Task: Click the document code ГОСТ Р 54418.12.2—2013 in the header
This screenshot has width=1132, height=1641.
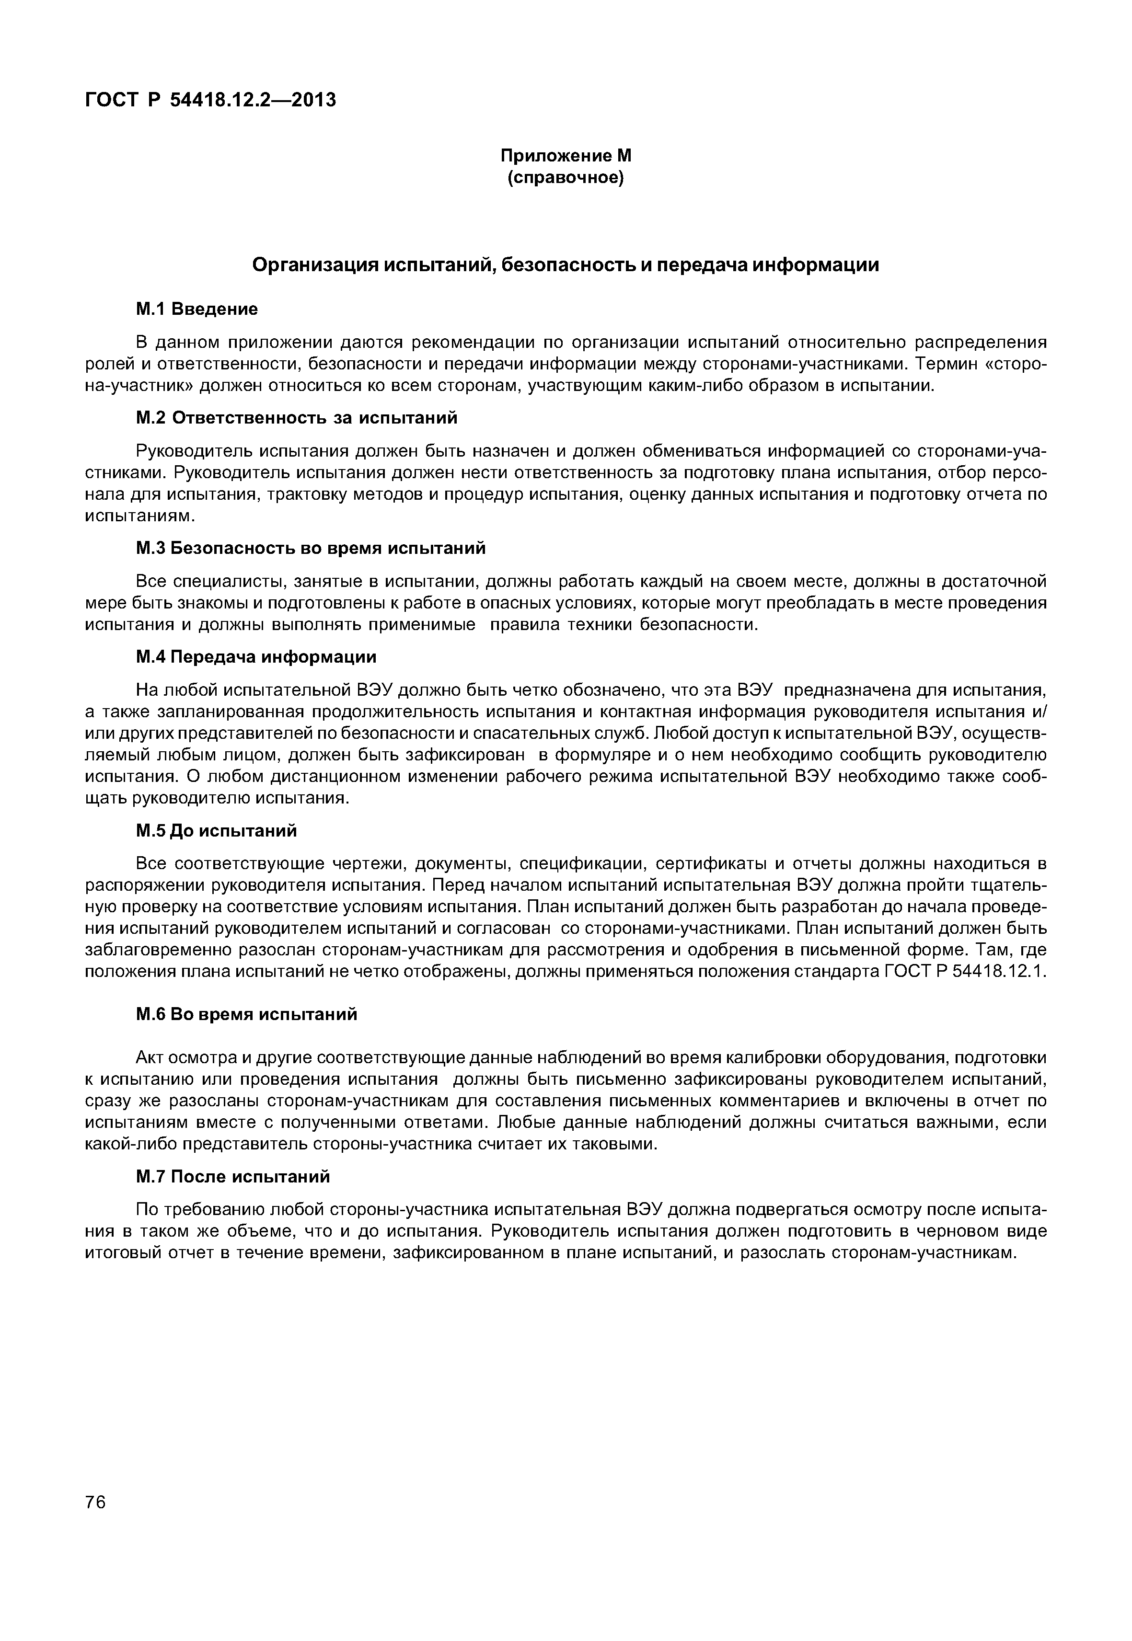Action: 210,101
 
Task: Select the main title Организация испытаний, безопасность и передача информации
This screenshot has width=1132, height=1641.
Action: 566,265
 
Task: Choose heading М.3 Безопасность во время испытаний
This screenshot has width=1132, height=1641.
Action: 311,548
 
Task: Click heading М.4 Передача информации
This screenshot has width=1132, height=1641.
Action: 256,657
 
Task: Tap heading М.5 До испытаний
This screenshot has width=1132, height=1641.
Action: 216,830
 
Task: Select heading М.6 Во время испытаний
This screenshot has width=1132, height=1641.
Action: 246,1015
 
